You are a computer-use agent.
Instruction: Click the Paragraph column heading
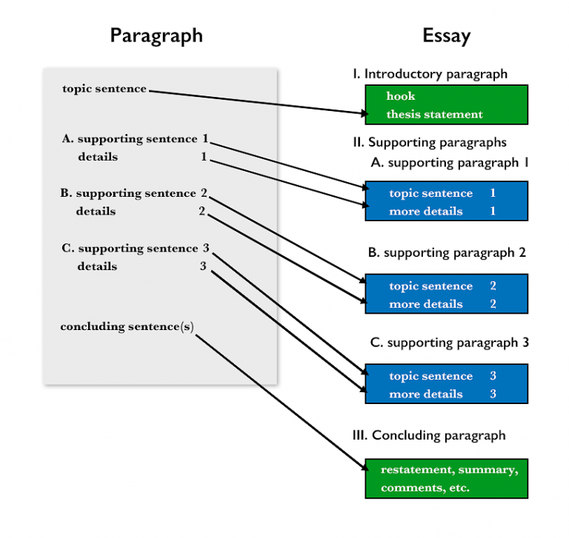[x=156, y=36]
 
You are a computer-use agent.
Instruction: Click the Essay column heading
[x=446, y=36]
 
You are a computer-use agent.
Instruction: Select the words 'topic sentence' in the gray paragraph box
[x=104, y=90]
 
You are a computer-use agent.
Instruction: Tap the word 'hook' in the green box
[x=401, y=96]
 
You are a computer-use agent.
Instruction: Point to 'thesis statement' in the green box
[x=434, y=115]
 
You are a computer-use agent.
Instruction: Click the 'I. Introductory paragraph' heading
[x=430, y=74]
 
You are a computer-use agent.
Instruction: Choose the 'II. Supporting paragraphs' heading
[x=430, y=142]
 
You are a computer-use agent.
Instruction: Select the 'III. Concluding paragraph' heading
[x=429, y=435]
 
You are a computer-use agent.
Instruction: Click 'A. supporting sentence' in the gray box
[x=130, y=138]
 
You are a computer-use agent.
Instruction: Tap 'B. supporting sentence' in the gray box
[x=128, y=193]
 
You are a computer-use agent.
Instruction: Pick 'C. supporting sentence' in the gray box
[x=130, y=249]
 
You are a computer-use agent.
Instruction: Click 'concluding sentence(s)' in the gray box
[x=127, y=326]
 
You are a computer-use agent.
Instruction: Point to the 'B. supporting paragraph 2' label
[x=447, y=252]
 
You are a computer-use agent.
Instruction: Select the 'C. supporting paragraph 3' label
[x=448, y=343]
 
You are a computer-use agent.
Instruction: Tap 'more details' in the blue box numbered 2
[x=425, y=304]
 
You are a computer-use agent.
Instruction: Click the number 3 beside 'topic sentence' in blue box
[x=493, y=377]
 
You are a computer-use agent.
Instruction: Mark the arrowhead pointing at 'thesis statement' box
[x=363, y=114]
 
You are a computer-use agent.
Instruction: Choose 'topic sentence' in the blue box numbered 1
[x=430, y=194]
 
